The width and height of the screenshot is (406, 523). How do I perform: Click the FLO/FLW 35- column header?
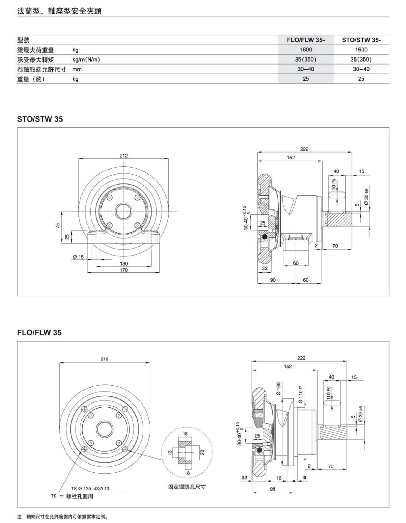click(306, 40)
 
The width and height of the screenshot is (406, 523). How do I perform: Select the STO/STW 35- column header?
click(361, 40)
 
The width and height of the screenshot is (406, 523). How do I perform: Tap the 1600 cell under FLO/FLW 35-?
click(306, 50)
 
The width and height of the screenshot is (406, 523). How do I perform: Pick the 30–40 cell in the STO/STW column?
click(361, 69)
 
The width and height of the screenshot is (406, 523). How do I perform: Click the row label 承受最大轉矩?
click(36, 60)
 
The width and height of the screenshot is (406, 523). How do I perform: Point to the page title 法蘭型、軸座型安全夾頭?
click(60, 11)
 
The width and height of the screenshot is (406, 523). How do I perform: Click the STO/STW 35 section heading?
click(40, 119)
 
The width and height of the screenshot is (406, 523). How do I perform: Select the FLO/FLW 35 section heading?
click(39, 332)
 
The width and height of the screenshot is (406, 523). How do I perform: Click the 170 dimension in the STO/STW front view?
click(124, 270)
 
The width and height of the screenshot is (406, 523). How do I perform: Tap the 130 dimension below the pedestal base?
click(124, 263)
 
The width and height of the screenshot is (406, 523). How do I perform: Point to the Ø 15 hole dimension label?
click(78, 257)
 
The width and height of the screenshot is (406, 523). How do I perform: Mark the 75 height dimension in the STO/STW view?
click(58, 226)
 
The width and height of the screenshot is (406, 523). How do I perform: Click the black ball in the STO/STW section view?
click(264, 237)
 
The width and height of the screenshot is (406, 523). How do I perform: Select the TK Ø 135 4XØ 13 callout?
click(90, 488)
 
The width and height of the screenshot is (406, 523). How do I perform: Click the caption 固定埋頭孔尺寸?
click(187, 487)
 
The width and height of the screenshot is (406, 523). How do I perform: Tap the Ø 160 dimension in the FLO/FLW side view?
click(278, 389)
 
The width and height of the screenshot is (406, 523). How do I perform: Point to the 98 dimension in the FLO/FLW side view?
click(273, 489)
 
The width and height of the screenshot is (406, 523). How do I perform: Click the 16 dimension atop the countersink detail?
click(185, 434)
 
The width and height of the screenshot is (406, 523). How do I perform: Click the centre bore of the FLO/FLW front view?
click(105, 429)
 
